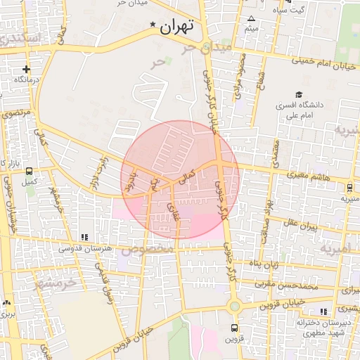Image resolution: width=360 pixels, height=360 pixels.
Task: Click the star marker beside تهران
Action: [x=153, y=26]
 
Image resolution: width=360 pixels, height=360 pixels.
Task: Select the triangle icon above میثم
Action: [x=251, y=19]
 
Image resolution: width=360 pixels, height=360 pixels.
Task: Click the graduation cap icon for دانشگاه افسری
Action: [x=299, y=94]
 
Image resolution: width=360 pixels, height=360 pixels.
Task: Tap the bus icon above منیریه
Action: [x=349, y=188]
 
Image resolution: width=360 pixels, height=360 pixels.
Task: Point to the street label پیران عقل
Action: [x=302, y=226]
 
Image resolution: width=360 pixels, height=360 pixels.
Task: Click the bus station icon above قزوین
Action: [x=234, y=328]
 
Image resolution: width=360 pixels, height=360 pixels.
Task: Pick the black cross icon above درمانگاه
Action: [x=26, y=69]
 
